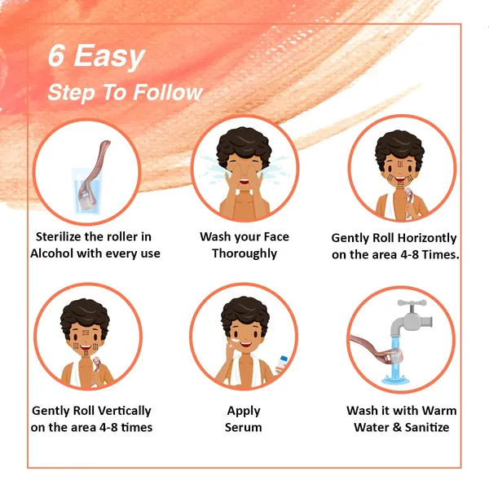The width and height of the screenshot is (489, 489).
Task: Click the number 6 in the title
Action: click(56, 55)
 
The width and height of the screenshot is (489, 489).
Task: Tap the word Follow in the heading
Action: click(168, 92)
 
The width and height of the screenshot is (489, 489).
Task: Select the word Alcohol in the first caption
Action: click(52, 253)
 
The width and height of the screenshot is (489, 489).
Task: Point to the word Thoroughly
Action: click(244, 253)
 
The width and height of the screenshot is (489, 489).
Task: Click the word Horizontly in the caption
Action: click(427, 238)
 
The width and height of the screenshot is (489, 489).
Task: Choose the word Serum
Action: click(244, 427)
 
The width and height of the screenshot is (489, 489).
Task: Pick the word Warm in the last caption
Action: click(440, 411)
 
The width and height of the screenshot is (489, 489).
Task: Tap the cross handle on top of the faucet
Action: click(412, 303)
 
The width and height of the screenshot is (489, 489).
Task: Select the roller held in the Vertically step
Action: click(96, 364)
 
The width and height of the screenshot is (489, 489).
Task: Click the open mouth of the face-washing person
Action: click(244, 182)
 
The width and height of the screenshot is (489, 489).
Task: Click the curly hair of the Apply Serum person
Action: click(245, 314)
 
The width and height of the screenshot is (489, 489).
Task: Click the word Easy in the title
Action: click(109, 56)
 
